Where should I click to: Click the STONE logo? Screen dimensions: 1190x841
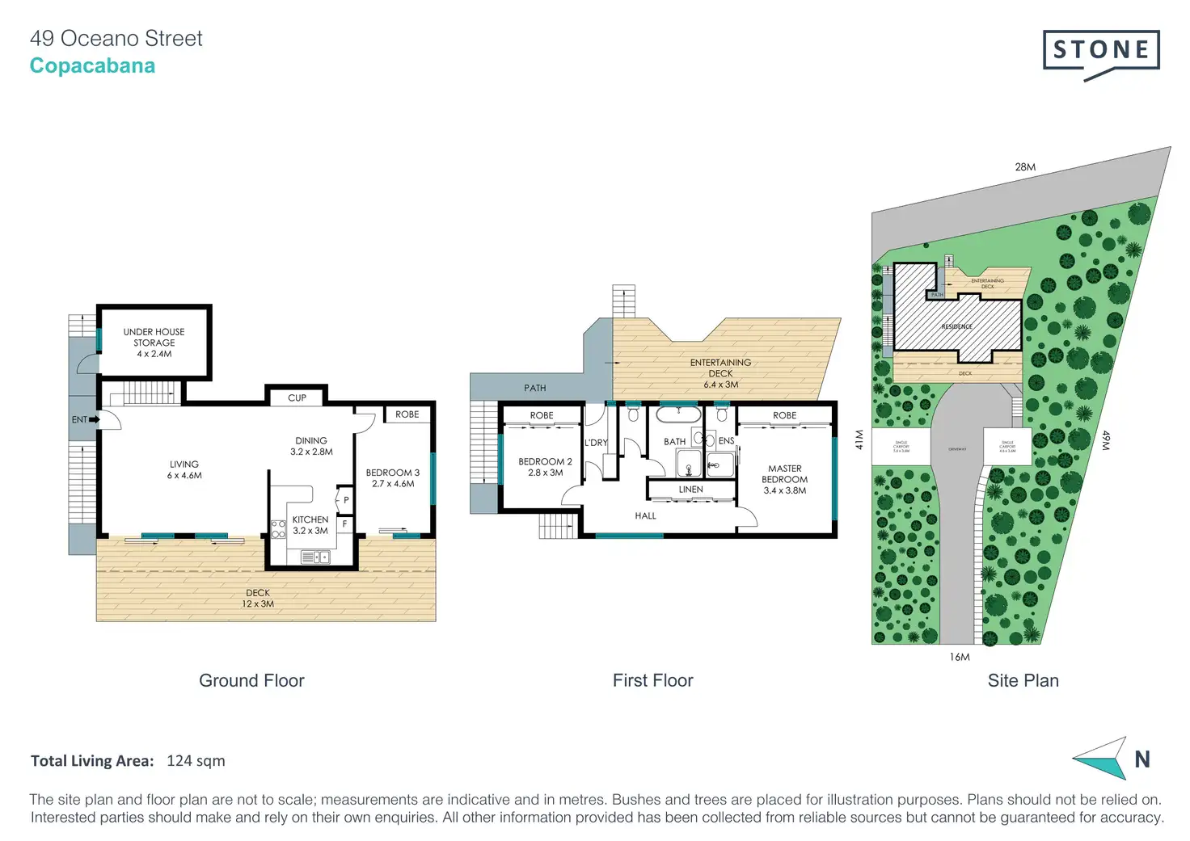click(1101, 53)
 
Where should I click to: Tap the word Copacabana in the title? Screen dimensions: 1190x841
click(92, 66)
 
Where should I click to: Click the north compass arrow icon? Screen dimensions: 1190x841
click(1101, 759)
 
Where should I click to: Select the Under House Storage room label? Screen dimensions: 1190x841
click(154, 343)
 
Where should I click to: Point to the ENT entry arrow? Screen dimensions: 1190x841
click(94, 419)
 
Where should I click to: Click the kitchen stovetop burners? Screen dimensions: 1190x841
click(278, 529)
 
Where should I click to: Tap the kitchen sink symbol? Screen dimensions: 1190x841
click(315, 557)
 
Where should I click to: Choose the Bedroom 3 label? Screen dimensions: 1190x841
click(393, 477)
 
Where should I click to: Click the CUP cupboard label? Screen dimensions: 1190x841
click(297, 397)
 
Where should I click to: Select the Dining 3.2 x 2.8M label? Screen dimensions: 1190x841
click(311, 446)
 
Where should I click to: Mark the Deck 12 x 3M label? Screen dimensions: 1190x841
click(258, 598)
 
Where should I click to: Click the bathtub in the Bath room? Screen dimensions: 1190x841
click(678, 415)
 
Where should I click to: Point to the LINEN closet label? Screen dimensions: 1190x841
click(690, 490)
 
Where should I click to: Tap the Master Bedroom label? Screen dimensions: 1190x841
click(784, 479)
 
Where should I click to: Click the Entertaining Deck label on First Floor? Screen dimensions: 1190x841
click(720, 373)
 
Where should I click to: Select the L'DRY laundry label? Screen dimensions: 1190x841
click(596, 443)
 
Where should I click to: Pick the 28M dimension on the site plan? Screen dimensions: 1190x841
click(1025, 167)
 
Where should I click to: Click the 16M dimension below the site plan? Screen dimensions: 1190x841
click(960, 657)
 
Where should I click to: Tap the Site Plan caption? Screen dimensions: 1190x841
click(1023, 680)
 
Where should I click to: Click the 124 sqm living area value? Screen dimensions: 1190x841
click(196, 760)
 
